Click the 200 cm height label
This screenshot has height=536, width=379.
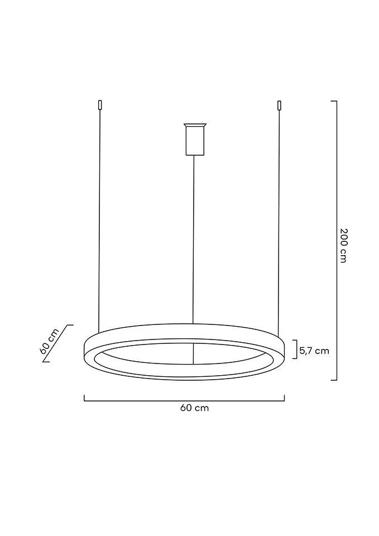click(x=343, y=246)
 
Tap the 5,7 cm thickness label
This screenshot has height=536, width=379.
click(x=314, y=351)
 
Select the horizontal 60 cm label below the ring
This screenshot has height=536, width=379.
click(x=194, y=408)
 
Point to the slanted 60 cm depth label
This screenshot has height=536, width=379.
click(x=50, y=342)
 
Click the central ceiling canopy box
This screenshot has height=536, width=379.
click(x=195, y=140)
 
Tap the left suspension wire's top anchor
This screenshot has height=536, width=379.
click(x=100, y=104)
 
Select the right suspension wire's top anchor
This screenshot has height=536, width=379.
click(x=279, y=105)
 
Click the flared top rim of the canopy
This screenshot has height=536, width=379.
click(x=195, y=125)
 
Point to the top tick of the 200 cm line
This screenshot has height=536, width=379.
click(x=334, y=101)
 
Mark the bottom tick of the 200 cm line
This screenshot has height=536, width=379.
click(x=334, y=380)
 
